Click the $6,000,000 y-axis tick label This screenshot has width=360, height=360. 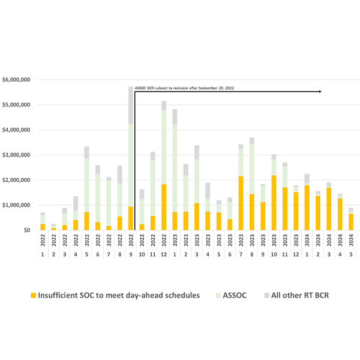[x=19, y=80]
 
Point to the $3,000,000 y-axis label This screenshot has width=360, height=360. [x=19, y=155]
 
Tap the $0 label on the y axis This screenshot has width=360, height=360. [x=28, y=230]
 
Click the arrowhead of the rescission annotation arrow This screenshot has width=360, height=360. [x=320, y=91]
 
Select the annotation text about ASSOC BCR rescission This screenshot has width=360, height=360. [x=185, y=88]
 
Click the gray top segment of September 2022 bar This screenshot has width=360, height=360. [x=130, y=106]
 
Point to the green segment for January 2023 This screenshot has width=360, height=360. [x=174, y=168]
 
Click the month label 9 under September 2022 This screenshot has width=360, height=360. [x=130, y=254]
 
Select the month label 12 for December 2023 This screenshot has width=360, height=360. [x=295, y=254]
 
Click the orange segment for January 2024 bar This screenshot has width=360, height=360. [x=306, y=208]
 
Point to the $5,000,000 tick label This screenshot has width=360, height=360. [x=19, y=104]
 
